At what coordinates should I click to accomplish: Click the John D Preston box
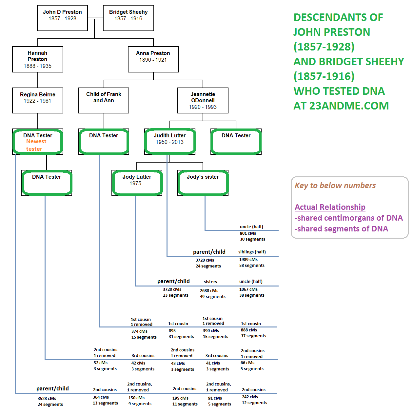click(62, 18)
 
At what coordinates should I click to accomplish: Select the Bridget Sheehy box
click(128, 18)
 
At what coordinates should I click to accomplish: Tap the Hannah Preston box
click(37, 59)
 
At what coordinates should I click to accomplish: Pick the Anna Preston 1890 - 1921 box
click(153, 59)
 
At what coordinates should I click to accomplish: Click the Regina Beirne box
click(37, 100)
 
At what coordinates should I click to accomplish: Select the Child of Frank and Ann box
click(104, 100)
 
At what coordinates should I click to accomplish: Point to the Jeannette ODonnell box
click(203, 100)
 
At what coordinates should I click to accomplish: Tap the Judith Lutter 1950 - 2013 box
click(169, 141)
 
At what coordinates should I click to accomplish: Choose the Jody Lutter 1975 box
click(137, 183)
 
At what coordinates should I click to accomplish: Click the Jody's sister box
click(203, 183)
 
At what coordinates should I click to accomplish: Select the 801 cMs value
click(248, 233)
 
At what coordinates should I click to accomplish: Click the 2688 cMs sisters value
click(209, 291)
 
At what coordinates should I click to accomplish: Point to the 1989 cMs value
click(248, 260)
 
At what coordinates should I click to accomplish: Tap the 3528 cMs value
click(47, 399)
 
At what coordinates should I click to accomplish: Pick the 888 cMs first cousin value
click(249, 330)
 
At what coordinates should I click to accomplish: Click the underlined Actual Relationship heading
click(330, 207)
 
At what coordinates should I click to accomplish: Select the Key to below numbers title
click(335, 186)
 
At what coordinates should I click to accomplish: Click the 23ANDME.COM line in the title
click(341, 106)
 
